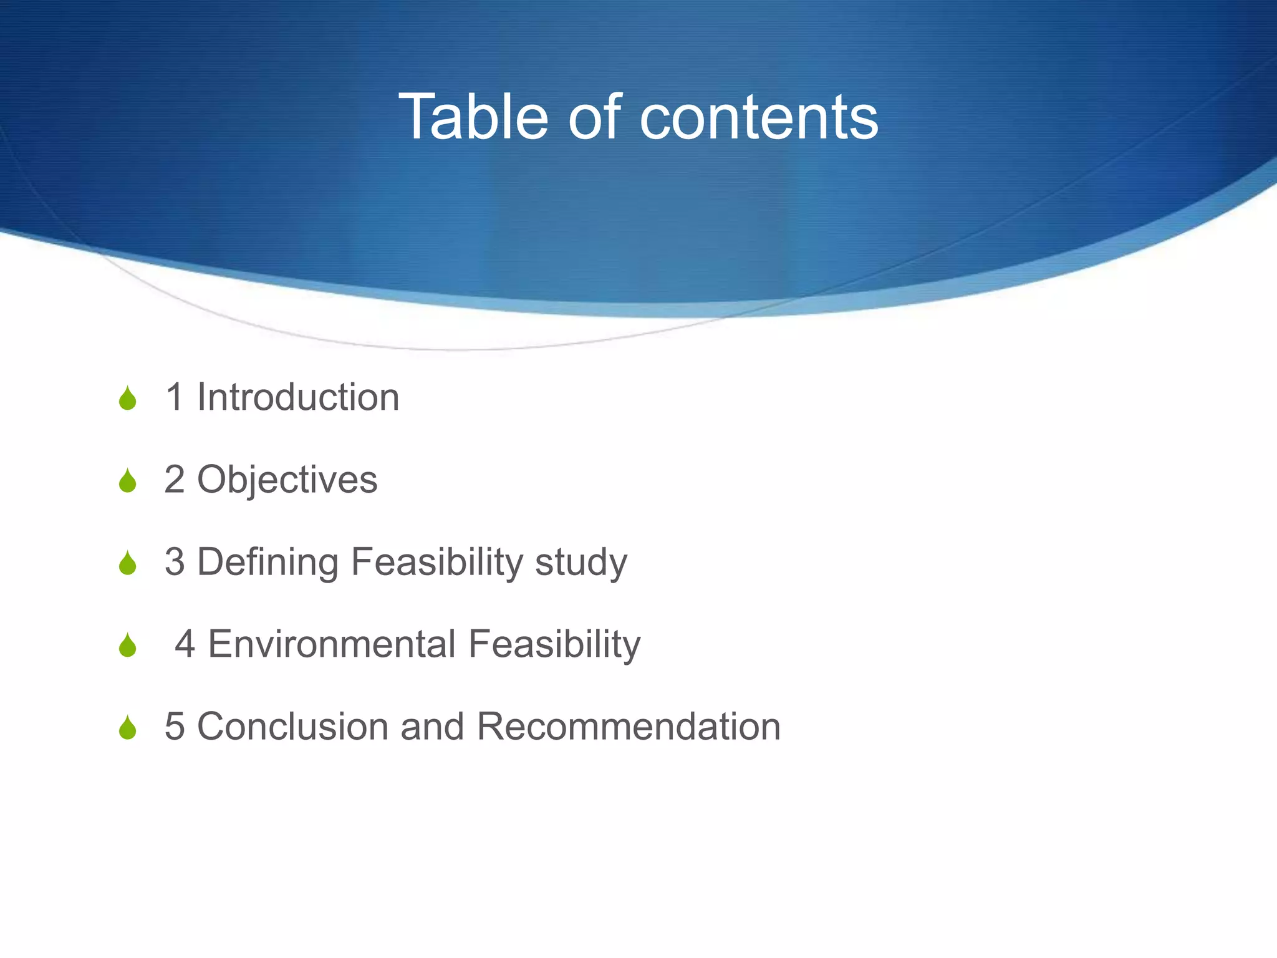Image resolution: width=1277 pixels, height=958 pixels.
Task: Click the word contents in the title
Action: click(x=759, y=117)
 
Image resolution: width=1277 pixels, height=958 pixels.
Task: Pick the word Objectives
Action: click(x=287, y=480)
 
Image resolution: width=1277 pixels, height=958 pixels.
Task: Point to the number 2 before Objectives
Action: click(x=175, y=480)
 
